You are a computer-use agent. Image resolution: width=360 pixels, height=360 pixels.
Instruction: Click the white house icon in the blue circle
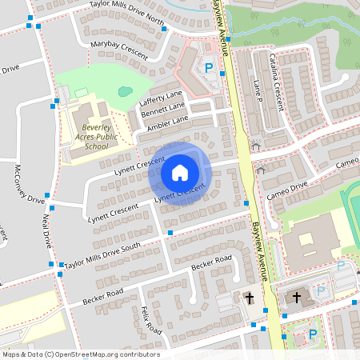click(180, 173)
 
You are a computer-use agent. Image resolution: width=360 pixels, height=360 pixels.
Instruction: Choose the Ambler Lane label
click(167, 124)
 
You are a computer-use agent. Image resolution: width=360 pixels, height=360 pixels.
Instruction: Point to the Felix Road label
click(150, 320)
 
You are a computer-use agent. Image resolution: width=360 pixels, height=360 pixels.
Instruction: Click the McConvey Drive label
click(30, 184)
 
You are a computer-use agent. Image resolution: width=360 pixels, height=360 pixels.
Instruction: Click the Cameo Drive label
click(288, 190)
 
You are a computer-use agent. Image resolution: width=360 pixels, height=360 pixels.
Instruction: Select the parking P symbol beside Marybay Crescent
click(209, 69)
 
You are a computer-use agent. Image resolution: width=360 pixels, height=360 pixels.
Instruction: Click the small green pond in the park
click(124, 91)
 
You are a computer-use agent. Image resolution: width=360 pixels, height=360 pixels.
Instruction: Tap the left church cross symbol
click(249, 298)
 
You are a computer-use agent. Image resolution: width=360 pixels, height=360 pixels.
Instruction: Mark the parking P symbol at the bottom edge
click(313, 334)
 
